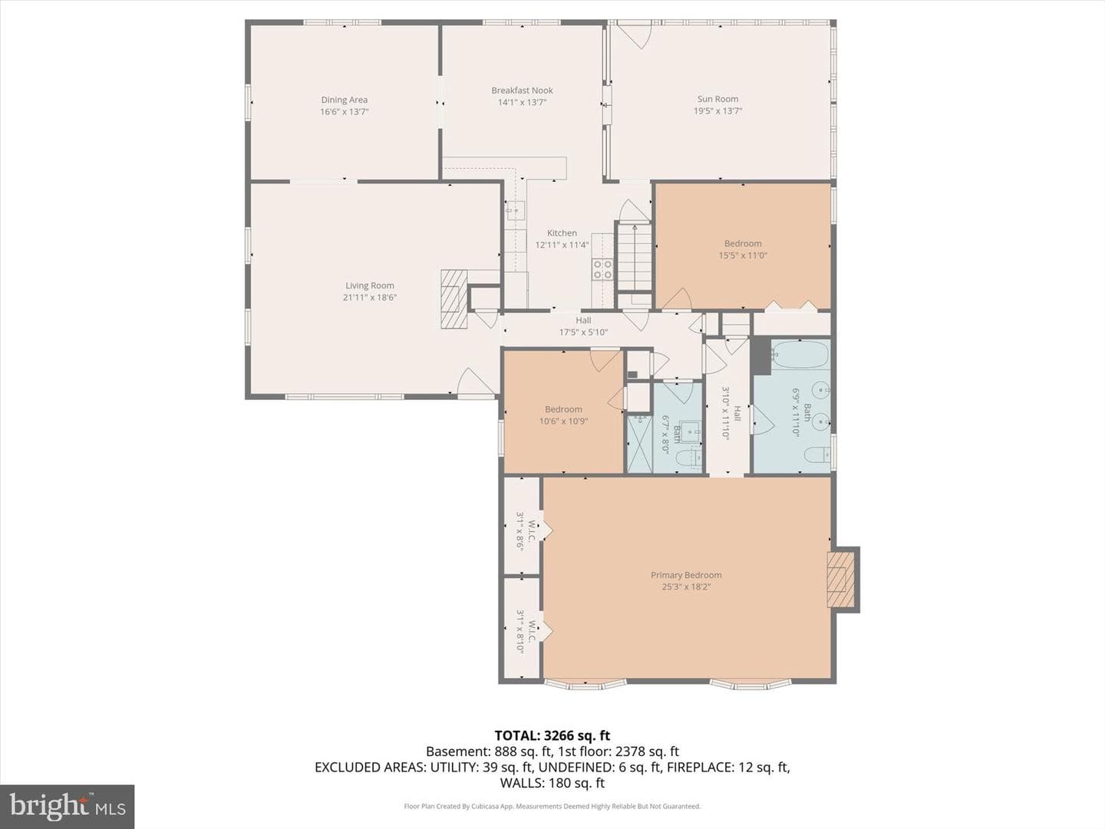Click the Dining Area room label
[x=345, y=100]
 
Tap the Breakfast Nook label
[x=522, y=91]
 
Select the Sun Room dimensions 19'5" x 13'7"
[x=718, y=111]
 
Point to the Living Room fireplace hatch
[x=454, y=299]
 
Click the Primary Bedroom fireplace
[x=841, y=580]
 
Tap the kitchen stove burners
[x=602, y=269]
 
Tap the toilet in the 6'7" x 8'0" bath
[x=688, y=458]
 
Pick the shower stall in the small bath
[x=639, y=444]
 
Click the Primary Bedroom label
[x=686, y=575]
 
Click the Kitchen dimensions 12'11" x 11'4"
[x=562, y=245]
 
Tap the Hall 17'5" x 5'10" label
[x=583, y=326]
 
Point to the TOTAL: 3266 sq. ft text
[x=552, y=735]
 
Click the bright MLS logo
[x=67, y=806]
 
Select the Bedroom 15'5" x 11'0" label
[x=743, y=249]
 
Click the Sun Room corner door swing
[x=635, y=35]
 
